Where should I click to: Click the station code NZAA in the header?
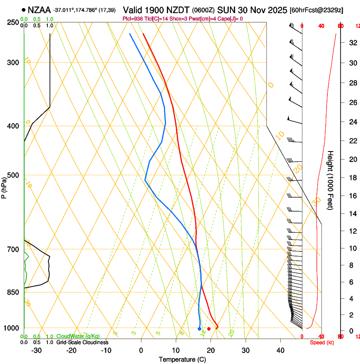click(x=39, y=9)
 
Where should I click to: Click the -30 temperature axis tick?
click(x=36, y=350)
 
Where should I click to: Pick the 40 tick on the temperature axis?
click(x=280, y=350)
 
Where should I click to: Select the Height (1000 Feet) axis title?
click(x=331, y=180)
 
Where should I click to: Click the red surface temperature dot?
click(x=209, y=329)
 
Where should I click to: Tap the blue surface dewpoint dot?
click(x=199, y=329)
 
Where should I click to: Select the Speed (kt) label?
click(x=322, y=342)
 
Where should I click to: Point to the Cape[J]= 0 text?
click(x=230, y=19)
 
